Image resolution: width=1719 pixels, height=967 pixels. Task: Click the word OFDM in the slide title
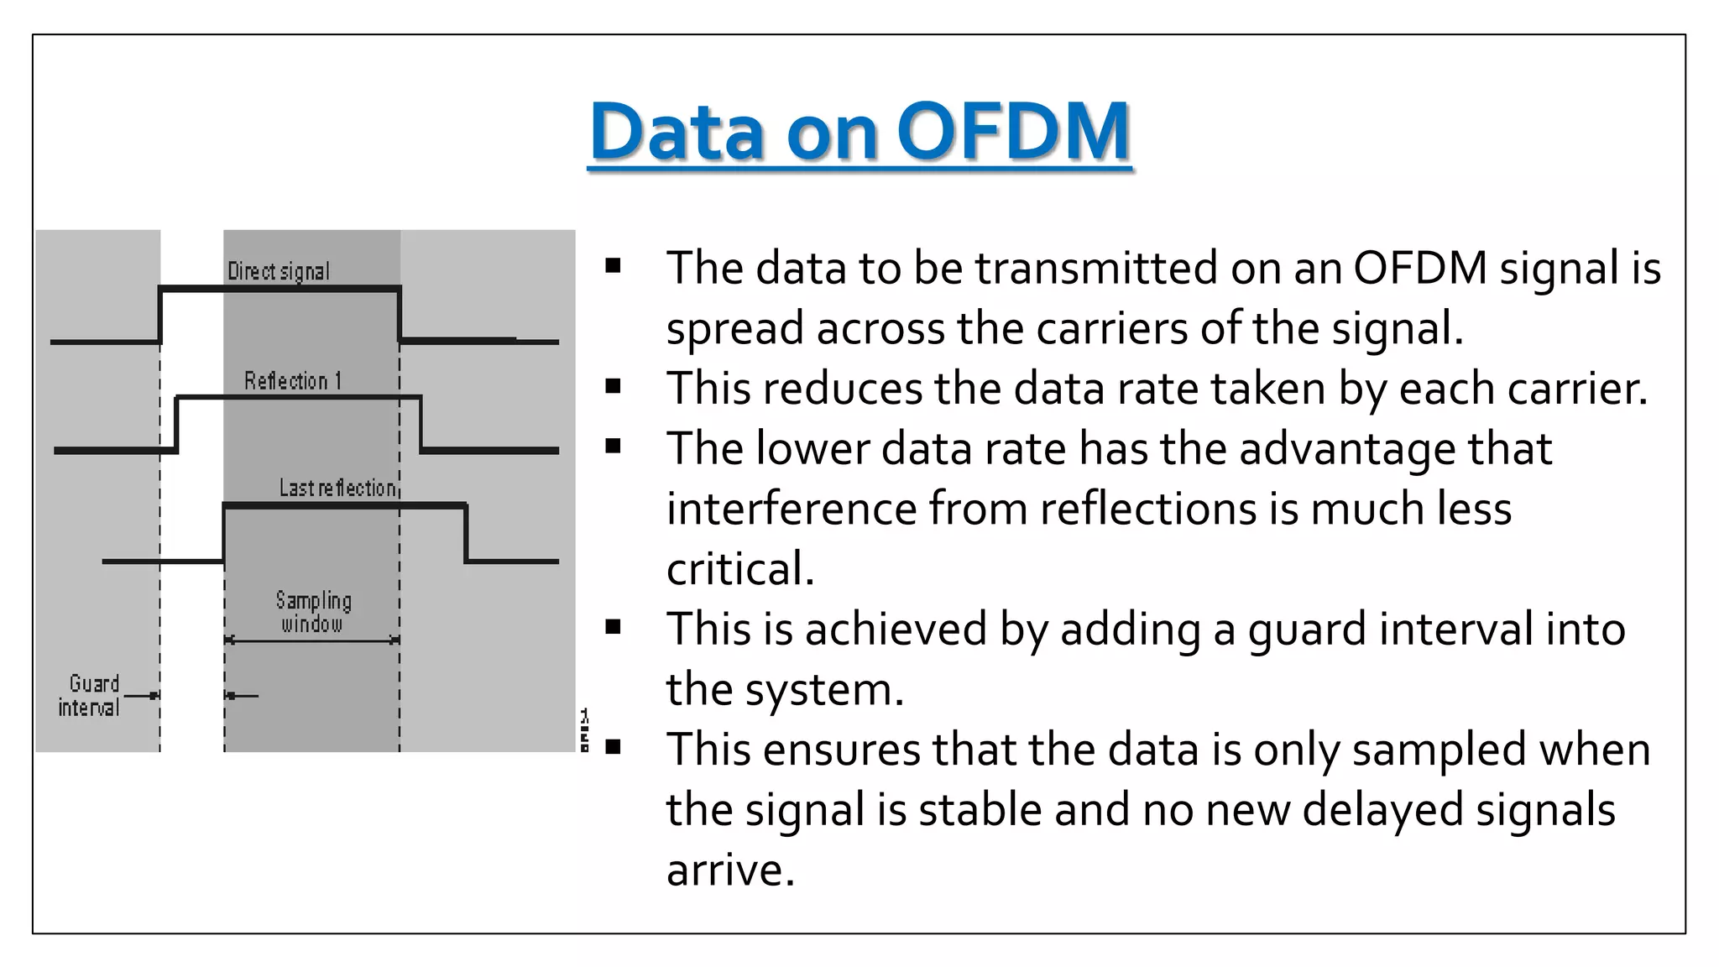coord(1013,132)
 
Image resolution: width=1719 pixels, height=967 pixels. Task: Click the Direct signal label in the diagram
coord(279,272)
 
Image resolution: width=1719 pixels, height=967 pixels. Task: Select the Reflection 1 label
coord(293,381)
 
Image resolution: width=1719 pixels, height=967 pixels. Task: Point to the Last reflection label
coord(337,488)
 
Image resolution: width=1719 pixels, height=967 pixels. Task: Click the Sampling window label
coord(313,612)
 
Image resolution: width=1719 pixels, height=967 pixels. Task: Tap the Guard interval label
coord(90,696)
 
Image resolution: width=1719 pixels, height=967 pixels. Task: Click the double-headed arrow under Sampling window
coord(312,640)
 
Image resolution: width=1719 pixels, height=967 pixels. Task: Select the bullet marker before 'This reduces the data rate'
coord(614,387)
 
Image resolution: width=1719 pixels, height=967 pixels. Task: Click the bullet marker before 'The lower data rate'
coord(614,447)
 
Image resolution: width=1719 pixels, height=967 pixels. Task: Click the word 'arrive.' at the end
coord(729,870)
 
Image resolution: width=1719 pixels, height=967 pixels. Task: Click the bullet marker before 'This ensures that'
coord(614,747)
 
